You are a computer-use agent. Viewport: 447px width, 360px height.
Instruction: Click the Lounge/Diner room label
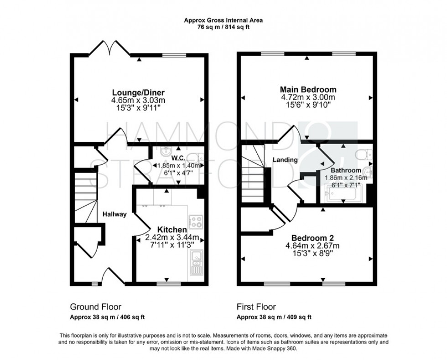(x=139, y=91)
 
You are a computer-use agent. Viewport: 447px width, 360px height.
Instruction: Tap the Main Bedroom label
(x=308, y=89)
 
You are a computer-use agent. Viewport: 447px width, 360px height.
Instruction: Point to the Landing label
(x=285, y=159)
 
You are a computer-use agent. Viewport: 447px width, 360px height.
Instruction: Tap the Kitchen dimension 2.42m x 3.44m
(x=172, y=237)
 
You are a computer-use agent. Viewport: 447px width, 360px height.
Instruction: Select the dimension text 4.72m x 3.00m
(x=308, y=97)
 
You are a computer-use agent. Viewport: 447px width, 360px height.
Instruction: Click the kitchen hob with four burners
(x=196, y=222)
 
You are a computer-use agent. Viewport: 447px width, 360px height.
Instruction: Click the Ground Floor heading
(x=95, y=307)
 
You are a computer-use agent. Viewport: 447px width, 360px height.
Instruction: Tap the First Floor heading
(x=256, y=307)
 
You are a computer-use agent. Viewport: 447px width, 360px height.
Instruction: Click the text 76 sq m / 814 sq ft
(x=223, y=27)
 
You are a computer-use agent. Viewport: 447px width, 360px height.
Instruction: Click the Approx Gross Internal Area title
(x=223, y=20)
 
